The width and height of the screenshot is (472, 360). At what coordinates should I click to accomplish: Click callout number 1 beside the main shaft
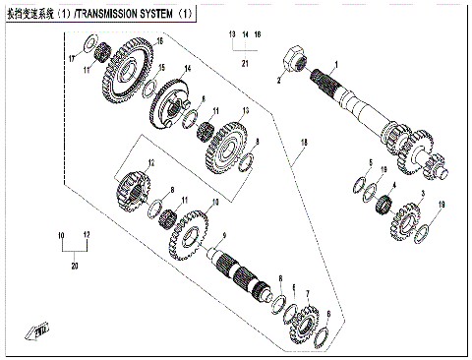[335, 62]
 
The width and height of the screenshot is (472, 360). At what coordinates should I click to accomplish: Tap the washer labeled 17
[89, 48]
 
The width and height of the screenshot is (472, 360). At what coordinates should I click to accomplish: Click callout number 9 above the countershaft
[224, 234]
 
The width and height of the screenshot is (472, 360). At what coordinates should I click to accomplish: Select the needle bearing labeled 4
[386, 207]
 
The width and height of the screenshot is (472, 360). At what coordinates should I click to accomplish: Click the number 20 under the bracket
[73, 267]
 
